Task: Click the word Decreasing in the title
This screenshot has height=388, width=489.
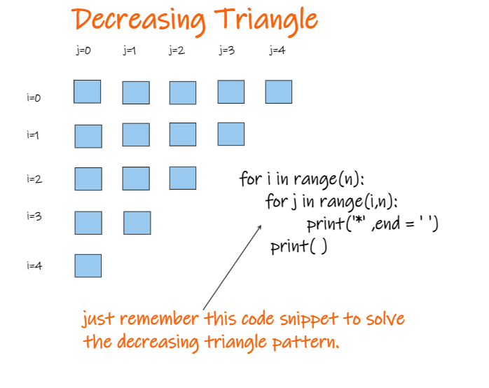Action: pos(139,20)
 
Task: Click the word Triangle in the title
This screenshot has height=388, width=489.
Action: pos(266,20)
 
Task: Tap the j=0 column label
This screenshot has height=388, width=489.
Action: pos(83,50)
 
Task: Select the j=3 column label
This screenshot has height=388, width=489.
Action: pos(227,50)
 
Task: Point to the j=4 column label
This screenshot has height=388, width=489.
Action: pos(277,50)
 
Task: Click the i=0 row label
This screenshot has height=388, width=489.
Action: pos(34,98)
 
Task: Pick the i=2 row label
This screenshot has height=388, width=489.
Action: pos(34,179)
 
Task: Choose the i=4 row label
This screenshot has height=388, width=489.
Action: pos(34,265)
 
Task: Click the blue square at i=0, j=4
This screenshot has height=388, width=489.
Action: pos(279,92)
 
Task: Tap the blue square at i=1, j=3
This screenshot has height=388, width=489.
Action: pos(231,134)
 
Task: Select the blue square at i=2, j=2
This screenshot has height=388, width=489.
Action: pos(183,179)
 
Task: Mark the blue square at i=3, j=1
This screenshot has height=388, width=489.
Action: pos(137,223)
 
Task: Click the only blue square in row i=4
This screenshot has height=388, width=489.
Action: pos(88,266)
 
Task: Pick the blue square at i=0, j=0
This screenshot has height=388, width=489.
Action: pos(88,92)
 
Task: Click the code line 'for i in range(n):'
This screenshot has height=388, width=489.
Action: pos(302,179)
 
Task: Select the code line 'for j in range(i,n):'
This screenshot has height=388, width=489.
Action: pos(332,202)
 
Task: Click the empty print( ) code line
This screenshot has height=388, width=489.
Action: pos(299,247)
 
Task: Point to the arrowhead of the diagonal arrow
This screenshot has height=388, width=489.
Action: pos(260,227)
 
